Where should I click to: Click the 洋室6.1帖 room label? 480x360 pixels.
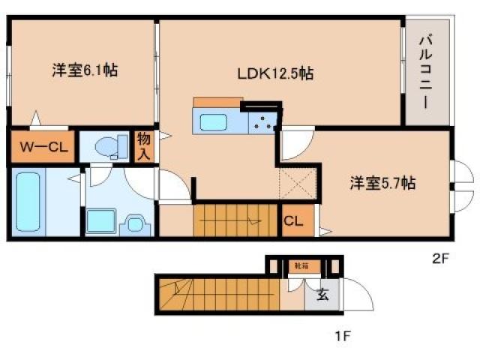coord(84,71)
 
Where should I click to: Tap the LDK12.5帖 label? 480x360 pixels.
coord(275,74)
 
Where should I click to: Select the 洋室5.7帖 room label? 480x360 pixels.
coord(382,183)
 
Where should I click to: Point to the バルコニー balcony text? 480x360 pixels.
coord(424,71)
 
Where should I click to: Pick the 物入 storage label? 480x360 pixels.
coord(143,147)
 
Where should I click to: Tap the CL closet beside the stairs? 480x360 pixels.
coord(293,221)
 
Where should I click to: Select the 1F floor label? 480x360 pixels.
coord(341,335)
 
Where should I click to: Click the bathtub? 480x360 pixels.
coord(30,202)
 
